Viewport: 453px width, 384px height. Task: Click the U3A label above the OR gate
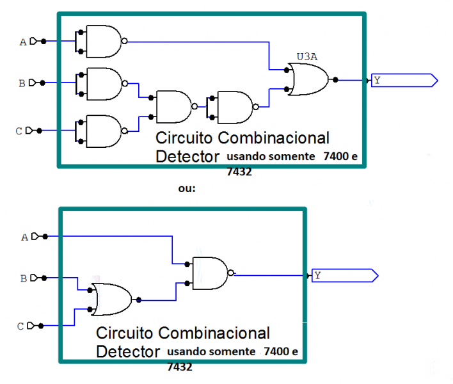coord(307,57)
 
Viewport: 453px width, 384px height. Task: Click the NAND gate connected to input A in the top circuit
coord(103,41)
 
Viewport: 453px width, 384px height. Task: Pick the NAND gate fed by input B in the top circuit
coord(103,83)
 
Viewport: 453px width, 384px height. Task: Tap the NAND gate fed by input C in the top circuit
coord(103,131)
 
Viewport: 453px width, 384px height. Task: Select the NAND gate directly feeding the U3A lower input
coord(235,106)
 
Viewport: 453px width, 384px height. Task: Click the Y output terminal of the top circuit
coord(404,80)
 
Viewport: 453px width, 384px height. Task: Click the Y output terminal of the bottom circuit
coord(344,276)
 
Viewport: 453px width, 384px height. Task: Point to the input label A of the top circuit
coord(24,42)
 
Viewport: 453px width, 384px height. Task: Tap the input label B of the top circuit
coord(22,83)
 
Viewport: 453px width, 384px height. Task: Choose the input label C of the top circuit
coord(19,131)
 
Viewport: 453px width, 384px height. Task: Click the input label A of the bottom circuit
coord(25,237)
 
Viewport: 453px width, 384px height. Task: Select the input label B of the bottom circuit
coord(24,278)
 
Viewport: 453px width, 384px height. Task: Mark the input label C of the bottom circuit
coord(20,326)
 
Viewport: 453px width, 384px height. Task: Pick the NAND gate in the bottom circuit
coord(210,272)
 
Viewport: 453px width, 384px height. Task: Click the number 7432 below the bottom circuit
coord(179,367)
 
